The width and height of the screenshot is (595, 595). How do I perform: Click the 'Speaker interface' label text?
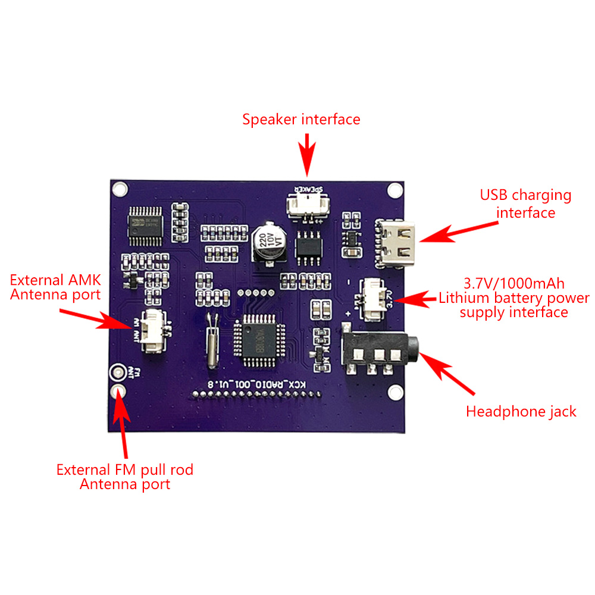[x=301, y=119]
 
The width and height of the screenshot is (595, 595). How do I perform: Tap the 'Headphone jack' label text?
[x=521, y=411]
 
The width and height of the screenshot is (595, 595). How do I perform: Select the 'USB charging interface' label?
[x=525, y=203]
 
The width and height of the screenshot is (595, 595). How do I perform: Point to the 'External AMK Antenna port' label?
[x=55, y=287]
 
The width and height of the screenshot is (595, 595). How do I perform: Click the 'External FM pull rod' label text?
[x=125, y=469]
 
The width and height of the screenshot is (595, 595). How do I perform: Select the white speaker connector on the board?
[x=305, y=206]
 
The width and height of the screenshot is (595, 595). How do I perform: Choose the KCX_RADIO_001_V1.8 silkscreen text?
[x=255, y=384]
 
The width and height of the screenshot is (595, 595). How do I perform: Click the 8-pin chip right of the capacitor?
[x=308, y=246]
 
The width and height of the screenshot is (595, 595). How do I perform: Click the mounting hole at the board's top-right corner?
[x=394, y=190]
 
